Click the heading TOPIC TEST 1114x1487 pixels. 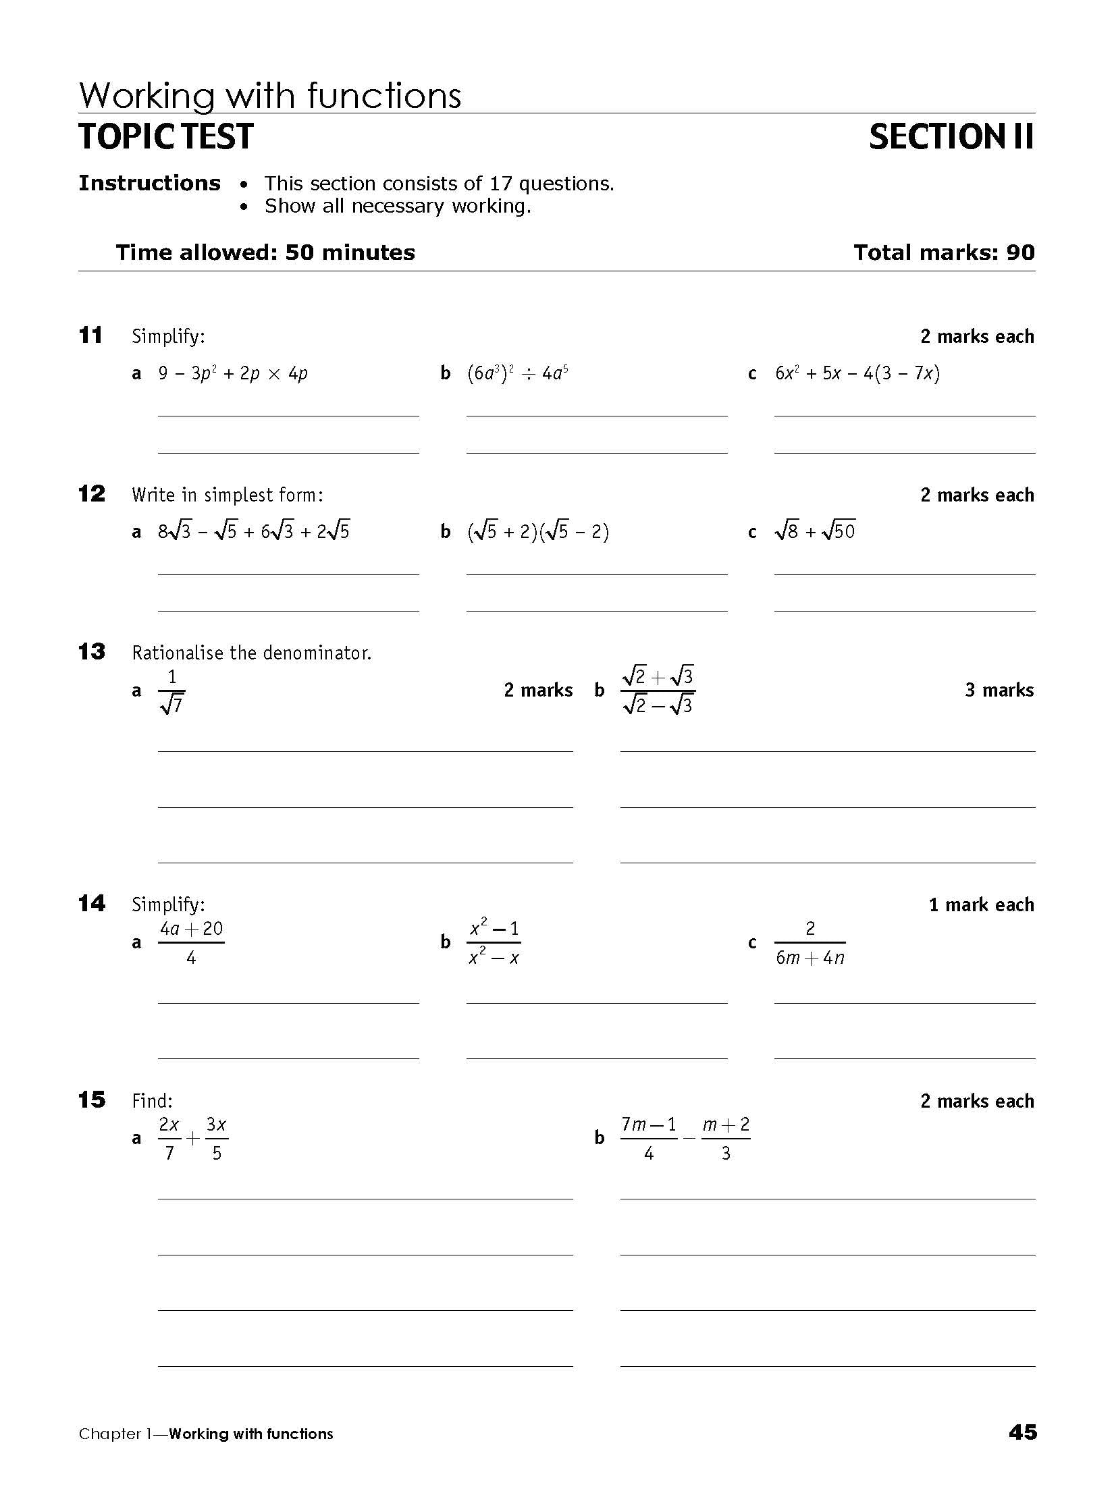pyautogui.click(x=166, y=136)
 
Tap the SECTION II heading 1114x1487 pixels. pyautogui.click(x=951, y=136)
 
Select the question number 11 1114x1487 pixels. pyautogui.click(x=90, y=335)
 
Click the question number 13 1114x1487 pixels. pyautogui.click(x=91, y=652)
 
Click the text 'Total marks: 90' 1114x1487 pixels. pyautogui.click(x=943, y=252)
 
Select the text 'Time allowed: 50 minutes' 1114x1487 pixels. pyautogui.click(x=265, y=252)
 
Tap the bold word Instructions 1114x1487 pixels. pyautogui.click(x=149, y=183)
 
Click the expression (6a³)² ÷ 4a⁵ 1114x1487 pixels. pyautogui.click(x=517, y=373)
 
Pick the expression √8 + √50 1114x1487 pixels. pyautogui.click(x=815, y=532)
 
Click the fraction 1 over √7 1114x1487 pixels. pyautogui.click(x=171, y=691)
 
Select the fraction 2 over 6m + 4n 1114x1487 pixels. pyautogui.click(x=810, y=942)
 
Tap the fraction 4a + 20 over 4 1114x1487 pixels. pyautogui.click(x=191, y=942)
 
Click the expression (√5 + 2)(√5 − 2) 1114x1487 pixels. pyautogui.click(x=538, y=532)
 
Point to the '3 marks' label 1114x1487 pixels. pyautogui.click(x=999, y=690)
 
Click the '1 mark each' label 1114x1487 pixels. pyautogui.click(x=981, y=904)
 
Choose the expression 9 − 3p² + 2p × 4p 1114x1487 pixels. pyautogui.click(x=233, y=373)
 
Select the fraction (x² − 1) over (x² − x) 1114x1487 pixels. pyautogui.click(x=494, y=942)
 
